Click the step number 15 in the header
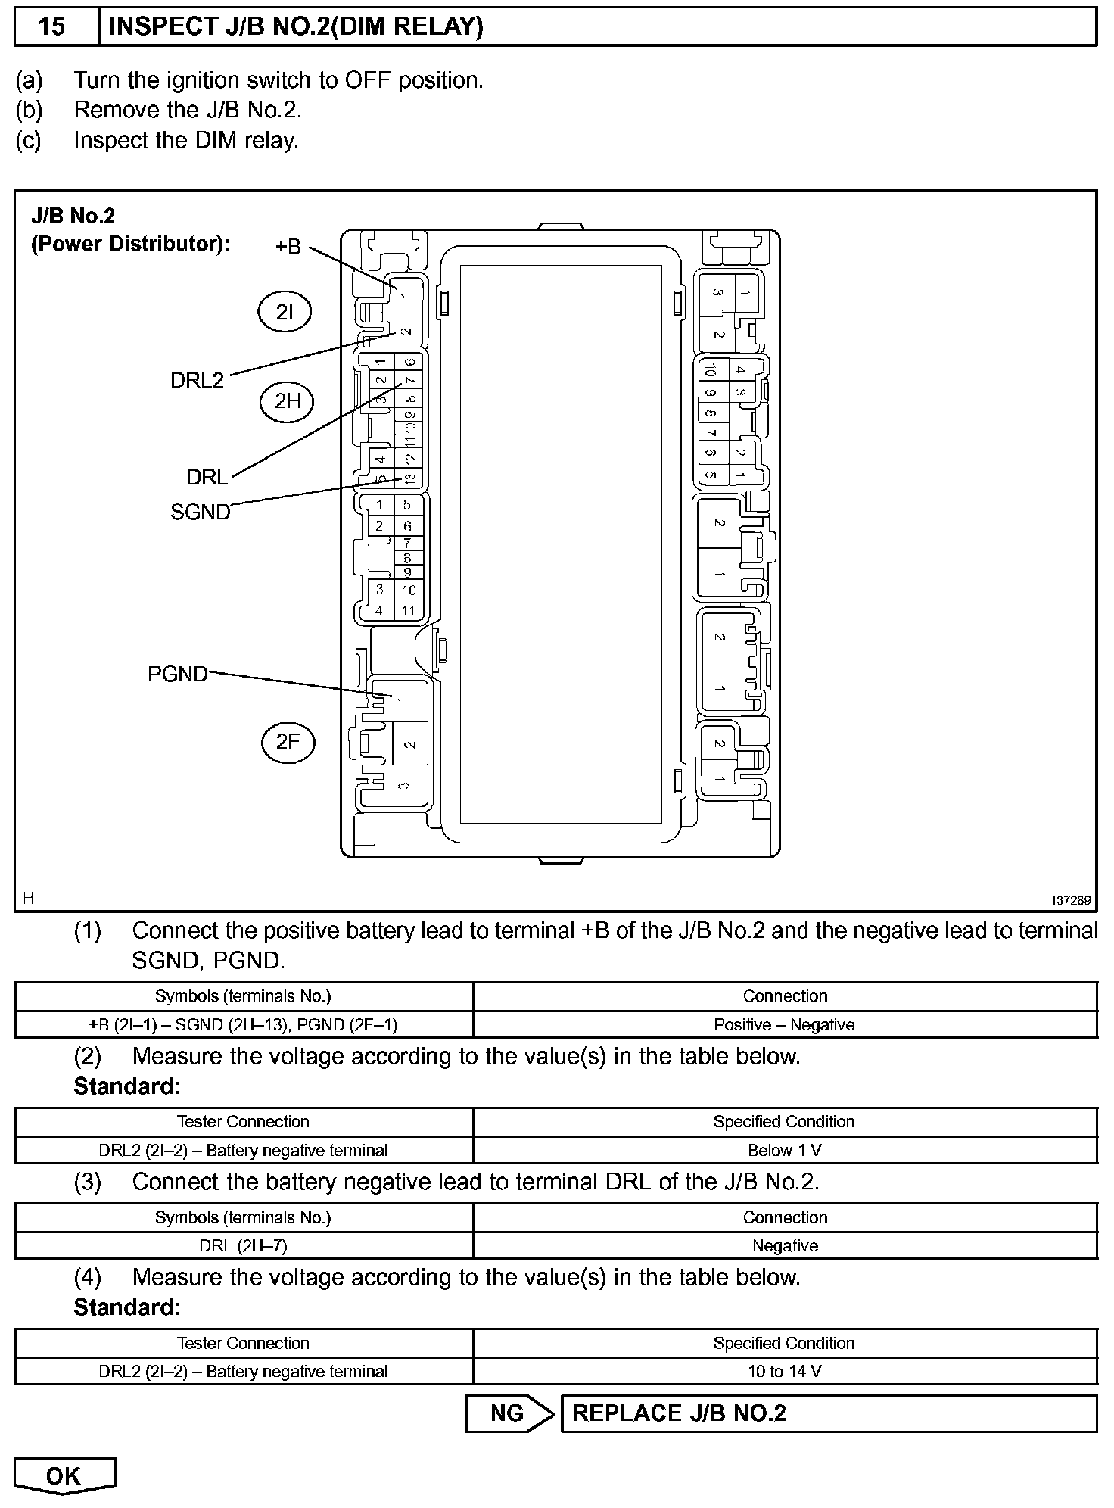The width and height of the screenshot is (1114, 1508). [x=52, y=27]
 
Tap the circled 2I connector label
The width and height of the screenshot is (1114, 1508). [x=285, y=313]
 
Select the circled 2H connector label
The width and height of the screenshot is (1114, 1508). [x=288, y=401]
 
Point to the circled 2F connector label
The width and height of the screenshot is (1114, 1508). [x=288, y=742]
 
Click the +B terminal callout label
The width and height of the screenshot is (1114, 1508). [x=288, y=246]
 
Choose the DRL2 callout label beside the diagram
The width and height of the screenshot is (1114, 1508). [x=197, y=380]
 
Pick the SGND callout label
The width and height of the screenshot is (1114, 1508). [x=200, y=512]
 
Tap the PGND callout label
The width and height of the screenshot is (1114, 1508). [x=177, y=674]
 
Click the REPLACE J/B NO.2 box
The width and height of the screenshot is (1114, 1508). [x=828, y=1413]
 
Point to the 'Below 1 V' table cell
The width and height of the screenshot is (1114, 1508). [x=785, y=1150]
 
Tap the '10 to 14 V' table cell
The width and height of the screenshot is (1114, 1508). [x=785, y=1371]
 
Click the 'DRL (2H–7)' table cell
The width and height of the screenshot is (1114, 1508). [x=244, y=1245]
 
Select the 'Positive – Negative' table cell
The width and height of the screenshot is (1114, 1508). [x=785, y=1024]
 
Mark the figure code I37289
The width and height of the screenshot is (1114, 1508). [x=1072, y=900]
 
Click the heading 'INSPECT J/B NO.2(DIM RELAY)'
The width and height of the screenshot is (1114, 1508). [x=296, y=27]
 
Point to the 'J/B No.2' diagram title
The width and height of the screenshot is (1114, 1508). [x=73, y=217]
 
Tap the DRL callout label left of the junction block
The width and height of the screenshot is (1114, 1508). [x=207, y=477]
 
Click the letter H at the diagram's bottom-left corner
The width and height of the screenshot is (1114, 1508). [x=28, y=898]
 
